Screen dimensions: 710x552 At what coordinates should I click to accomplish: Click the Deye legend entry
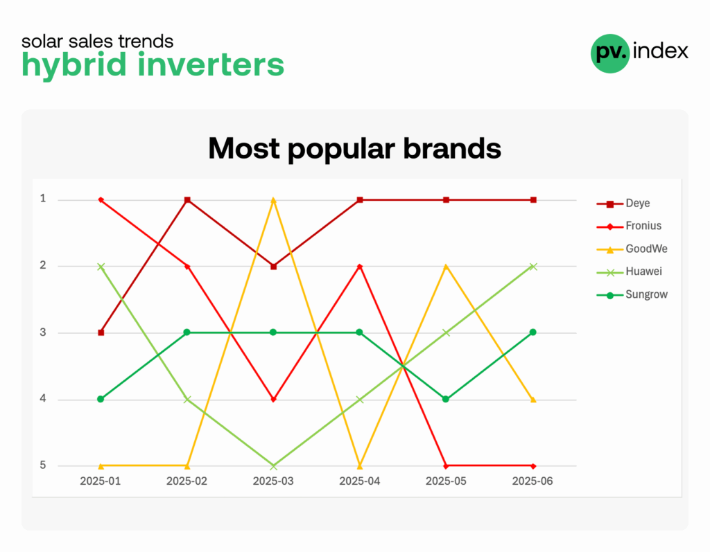[623, 203]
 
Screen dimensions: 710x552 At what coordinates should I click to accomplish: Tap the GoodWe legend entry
[632, 249]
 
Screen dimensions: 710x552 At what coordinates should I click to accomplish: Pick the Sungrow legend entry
[632, 294]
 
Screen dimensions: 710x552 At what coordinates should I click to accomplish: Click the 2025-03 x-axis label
[273, 481]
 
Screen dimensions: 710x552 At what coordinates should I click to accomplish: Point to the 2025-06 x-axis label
[532, 481]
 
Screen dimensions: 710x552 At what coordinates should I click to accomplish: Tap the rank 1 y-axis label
[43, 198]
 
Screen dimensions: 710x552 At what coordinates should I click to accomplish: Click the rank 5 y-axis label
[43, 465]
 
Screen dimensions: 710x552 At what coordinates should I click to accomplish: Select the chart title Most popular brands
[354, 148]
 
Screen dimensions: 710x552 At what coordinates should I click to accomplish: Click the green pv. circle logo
[610, 53]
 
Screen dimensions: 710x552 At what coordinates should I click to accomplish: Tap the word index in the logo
[661, 51]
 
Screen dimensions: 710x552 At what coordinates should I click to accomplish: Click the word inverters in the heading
[211, 64]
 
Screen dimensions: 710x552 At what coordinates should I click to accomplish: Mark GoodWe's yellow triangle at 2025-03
[273, 200]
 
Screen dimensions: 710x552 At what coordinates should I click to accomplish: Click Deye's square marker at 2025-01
[101, 332]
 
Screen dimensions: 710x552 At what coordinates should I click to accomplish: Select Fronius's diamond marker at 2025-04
[360, 267]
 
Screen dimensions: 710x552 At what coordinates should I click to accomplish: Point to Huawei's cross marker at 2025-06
[533, 267]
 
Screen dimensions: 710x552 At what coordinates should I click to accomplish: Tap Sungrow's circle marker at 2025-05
[446, 399]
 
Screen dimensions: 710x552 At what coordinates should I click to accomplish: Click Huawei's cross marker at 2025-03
[273, 465]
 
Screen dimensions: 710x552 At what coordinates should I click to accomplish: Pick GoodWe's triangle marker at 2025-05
[447, 267]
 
